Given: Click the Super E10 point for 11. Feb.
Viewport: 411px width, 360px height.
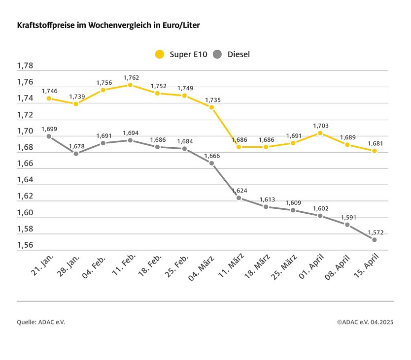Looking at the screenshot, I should (130, 85).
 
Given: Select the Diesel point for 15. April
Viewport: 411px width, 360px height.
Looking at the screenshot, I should (374, 239).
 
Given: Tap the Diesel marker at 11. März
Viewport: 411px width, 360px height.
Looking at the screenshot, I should (239, 198).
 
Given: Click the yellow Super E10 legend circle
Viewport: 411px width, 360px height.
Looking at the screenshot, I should (160, 54).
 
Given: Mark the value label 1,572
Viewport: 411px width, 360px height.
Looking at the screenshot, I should (375, 232).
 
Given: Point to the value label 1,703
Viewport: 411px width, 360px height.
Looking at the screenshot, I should (321, 126).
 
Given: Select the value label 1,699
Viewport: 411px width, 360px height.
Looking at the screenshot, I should (49, 129).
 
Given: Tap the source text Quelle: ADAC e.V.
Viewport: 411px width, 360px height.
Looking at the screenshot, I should (41, 322).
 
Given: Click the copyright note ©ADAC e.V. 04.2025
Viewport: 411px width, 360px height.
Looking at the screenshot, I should (365, 322).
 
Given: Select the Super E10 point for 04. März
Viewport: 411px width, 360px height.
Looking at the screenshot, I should (211, 107).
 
